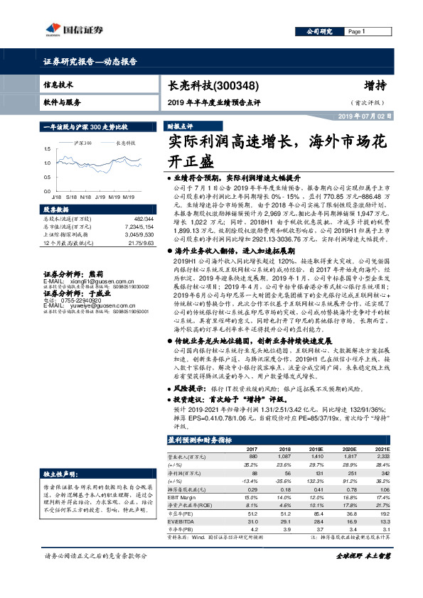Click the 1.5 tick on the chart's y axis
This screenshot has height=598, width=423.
tap(47, 149)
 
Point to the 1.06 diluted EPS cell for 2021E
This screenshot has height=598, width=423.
tap(384, 489)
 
